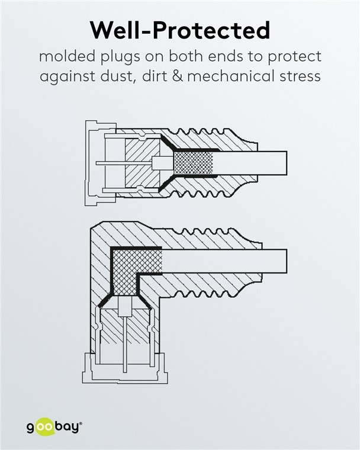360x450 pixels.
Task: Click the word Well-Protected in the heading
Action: (180, 30)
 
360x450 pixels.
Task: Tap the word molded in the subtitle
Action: (67, 56)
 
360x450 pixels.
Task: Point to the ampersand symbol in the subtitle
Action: (178, 76)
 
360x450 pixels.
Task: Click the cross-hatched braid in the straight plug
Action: (194, 163)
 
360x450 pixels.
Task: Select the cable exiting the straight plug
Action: (250, 163)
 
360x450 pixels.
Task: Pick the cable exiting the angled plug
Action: (224, 261)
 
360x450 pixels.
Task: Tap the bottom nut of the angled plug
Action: (125, 368)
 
